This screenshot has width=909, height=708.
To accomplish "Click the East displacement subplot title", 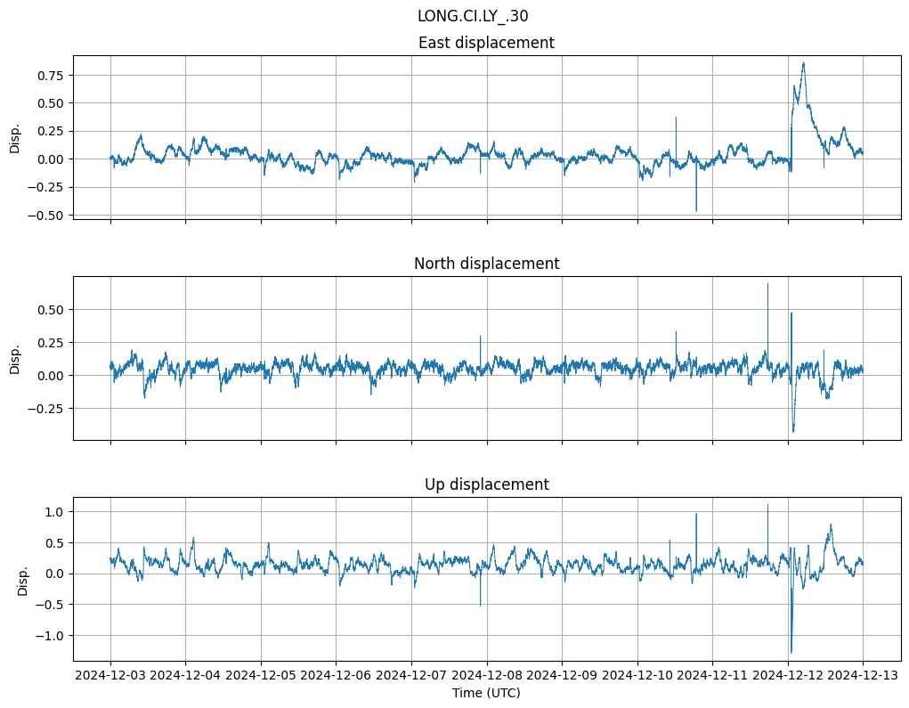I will click(x=486, y=43).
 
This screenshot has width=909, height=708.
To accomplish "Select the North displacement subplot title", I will click(x=486, y=264).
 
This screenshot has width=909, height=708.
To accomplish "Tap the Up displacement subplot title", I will click(x=486, y=484).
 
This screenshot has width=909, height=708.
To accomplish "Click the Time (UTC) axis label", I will click(x=486, y=693).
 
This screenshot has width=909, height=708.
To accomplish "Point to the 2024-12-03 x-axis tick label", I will click(x=110, y=677).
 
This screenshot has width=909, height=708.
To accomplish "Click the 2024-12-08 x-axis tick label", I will click(x=487, y=677).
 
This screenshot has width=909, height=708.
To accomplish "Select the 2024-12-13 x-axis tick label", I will click(x=863, y=677).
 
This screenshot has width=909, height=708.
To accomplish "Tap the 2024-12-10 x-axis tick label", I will click(x=637, y=677).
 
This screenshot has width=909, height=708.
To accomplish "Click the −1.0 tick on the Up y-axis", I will click(x=51, y=636).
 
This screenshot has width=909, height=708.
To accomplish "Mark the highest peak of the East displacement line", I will click(x=804, y=62).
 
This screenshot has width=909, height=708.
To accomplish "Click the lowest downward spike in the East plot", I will click(x=696, y=211).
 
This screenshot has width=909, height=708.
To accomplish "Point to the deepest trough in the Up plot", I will click(x=791, y=653).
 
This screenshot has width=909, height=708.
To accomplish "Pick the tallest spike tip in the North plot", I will click(x=767, y=284).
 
